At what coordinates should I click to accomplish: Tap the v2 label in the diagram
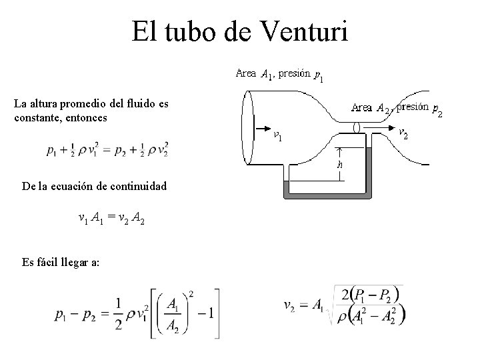(404, 133)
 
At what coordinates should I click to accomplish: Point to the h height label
(340, 163)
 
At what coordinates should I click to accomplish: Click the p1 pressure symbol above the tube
(319, 75)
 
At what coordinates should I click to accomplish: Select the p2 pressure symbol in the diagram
(437, 109)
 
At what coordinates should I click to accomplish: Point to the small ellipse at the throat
(357, 126)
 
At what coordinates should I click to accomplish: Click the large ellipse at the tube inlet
(248, 128)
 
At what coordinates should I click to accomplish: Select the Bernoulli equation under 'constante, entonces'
(107, 149)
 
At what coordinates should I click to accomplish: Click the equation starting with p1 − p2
(136, 312)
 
